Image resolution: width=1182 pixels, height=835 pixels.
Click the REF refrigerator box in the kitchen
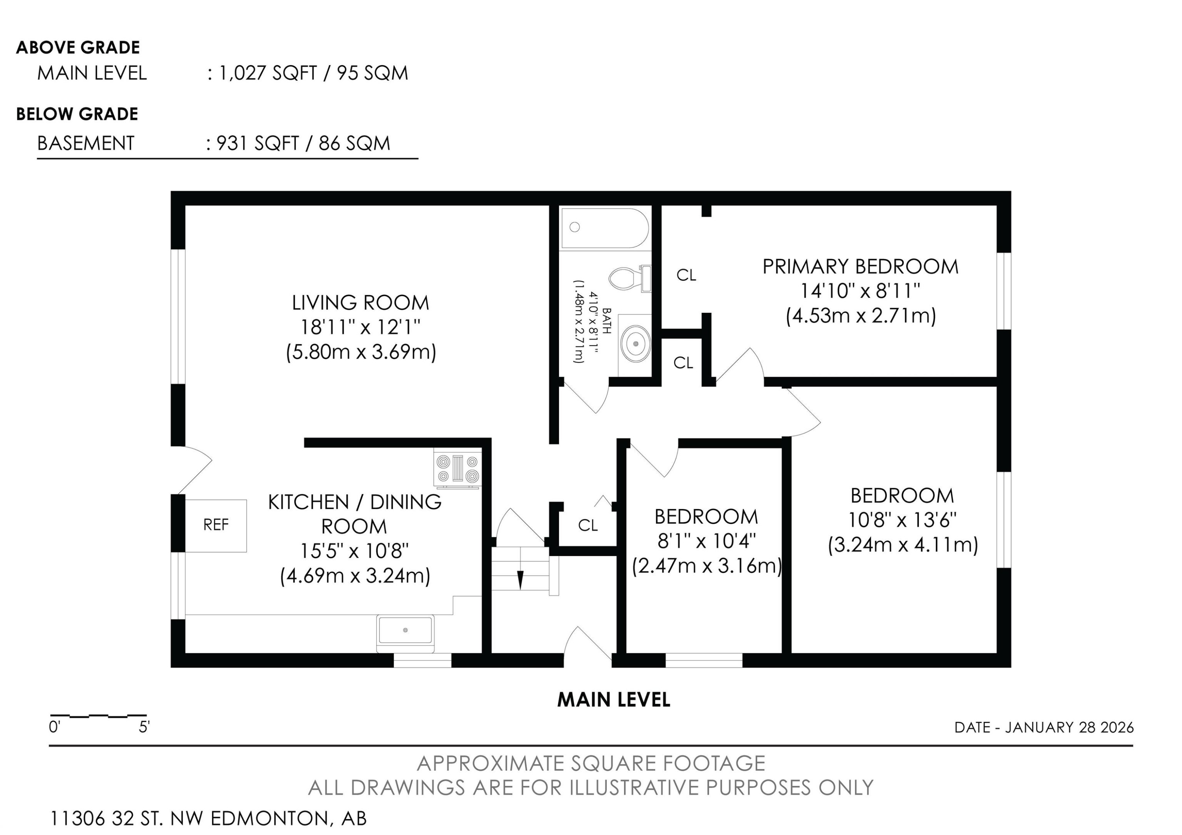pos(216,525)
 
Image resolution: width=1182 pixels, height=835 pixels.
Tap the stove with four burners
pos(457,469)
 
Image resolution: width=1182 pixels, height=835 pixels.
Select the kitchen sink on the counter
pos(405,630)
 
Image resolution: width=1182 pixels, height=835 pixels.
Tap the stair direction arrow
pos(520,579)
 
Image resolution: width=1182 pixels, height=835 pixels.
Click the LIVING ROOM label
pos(361,303)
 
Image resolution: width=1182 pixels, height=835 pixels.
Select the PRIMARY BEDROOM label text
pos(860,267)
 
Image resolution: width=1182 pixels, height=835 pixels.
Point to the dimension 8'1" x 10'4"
pos(706,541)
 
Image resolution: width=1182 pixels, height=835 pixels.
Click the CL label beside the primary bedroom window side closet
pos(686,275)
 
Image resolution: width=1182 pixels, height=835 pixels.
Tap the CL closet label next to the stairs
pos(588,525)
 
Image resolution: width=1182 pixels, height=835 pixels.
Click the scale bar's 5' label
pos(144,727)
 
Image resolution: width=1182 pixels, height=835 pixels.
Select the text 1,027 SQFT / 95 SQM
pos(313,73)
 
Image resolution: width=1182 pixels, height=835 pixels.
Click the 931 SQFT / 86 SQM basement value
pos(303,143)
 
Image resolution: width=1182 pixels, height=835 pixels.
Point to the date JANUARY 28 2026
pos(1069,727)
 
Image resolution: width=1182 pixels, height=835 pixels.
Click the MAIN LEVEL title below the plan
pos(613,699)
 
